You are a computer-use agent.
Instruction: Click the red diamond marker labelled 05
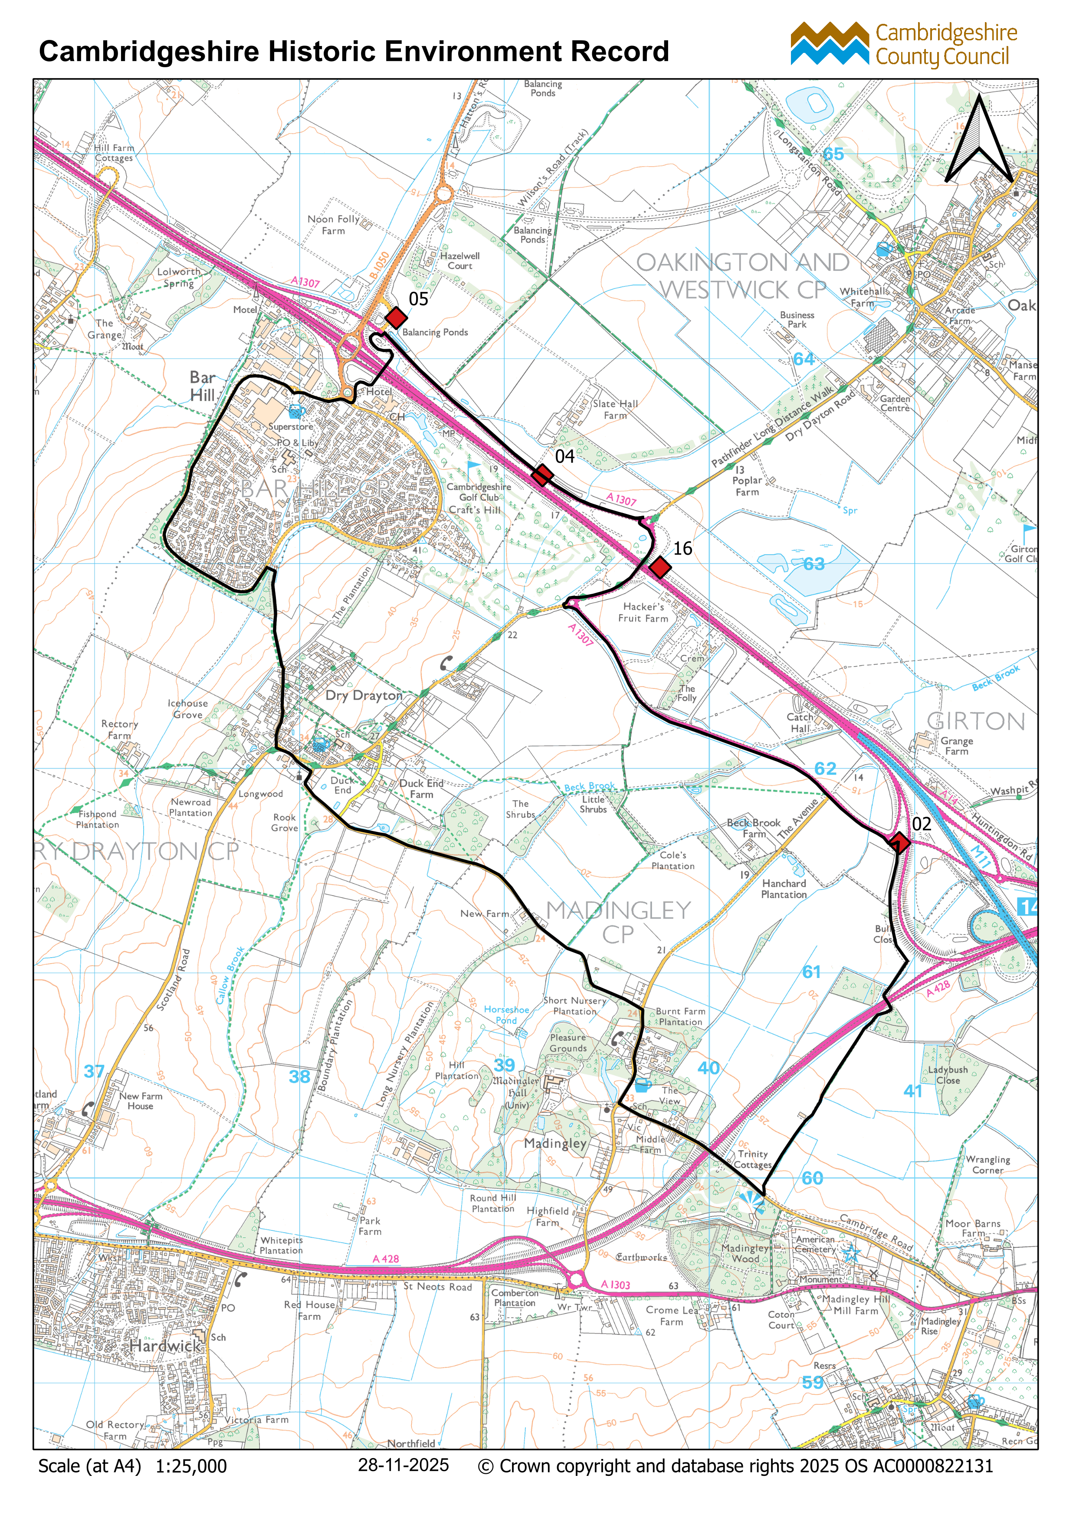coord(396,318)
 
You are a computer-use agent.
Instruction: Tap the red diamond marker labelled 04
coord(542,475)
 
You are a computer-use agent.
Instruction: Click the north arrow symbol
coord(979,141)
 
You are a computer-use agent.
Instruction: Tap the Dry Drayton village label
coord(364,696)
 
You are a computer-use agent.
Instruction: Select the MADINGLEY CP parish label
coord(618,922)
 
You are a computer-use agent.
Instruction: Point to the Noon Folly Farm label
coord(333,225)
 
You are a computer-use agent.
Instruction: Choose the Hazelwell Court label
coord(460,260)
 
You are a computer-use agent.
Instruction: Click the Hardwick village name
coord(165,1345)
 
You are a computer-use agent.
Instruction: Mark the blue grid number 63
coord(814,564)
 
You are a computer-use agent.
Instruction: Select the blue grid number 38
coord(299,1076)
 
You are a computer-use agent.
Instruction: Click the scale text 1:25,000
coord(191,1466)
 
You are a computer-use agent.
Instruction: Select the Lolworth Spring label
coord(178,277)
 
